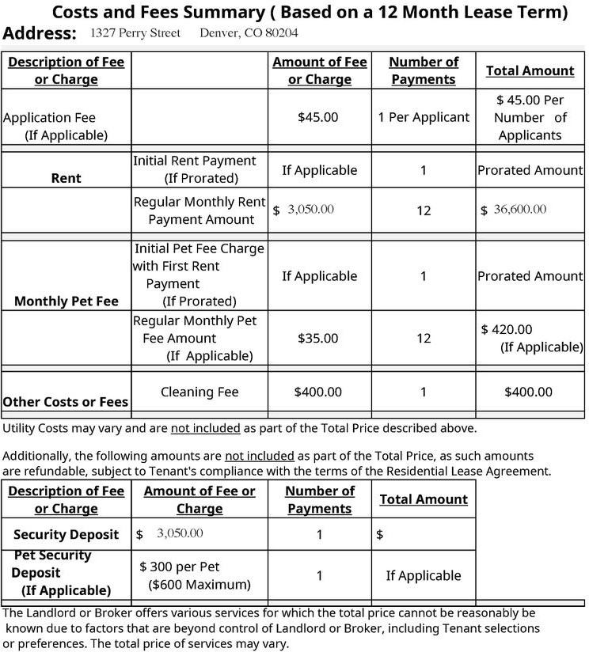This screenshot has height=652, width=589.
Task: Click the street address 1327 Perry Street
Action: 135,33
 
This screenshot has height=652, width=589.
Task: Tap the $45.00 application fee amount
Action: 317,117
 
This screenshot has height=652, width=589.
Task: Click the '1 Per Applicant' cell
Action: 424,117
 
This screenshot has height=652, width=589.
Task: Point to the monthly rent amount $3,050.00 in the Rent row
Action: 310,210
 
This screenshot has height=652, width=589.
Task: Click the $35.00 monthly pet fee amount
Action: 317,338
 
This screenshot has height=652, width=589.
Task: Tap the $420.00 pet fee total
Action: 507,329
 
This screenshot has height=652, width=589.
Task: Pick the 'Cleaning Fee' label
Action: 199,392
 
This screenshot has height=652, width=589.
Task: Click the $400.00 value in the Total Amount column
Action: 529,392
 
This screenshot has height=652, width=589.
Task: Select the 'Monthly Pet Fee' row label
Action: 66,301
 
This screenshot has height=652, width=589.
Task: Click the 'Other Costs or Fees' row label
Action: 66,402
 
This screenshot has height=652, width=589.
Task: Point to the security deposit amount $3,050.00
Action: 180,534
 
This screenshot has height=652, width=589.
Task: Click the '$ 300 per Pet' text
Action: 180,567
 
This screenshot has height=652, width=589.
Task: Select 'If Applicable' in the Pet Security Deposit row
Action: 424,575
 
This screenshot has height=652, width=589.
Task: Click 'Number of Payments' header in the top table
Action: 424,70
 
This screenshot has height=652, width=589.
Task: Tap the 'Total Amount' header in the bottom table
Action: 424,499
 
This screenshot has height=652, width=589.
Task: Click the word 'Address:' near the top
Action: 40,33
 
